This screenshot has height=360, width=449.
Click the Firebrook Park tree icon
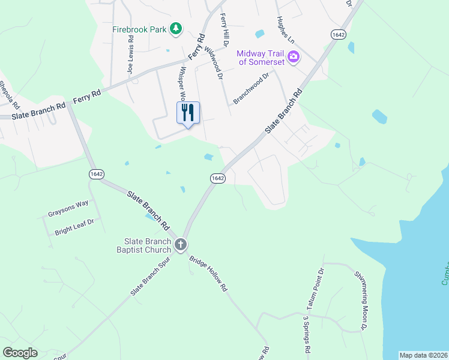[x=175, y=28]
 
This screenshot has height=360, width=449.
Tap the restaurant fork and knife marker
[x=188, y=113]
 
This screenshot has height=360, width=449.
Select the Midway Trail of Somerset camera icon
[x=294, y=58]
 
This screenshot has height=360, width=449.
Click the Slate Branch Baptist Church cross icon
[x=181, y=245]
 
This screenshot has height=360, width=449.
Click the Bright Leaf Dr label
[x=74, y=227]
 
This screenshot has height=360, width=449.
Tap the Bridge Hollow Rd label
[x=208, y=274]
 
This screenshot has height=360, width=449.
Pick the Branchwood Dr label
[x=252, y=89]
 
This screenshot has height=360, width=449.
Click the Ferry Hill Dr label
[x=224, y=30]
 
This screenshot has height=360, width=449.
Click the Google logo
[x=20, y=353]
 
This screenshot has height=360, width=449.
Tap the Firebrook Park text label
[x=140, y=29]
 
